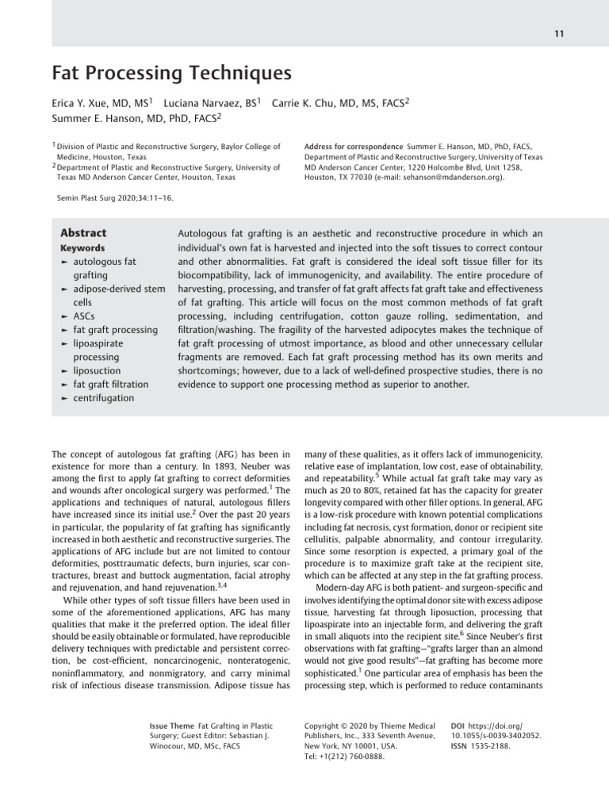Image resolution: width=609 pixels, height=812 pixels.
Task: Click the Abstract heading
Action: [83, 233]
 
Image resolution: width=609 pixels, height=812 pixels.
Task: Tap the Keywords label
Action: [82, 248]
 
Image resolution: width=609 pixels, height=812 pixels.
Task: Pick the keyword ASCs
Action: [86, 316]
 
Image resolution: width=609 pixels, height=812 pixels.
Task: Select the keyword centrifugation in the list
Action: [103, 398]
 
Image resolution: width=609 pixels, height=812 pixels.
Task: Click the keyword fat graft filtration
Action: [110, 385]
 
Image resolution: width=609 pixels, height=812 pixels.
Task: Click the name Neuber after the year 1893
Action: [225, 468]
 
